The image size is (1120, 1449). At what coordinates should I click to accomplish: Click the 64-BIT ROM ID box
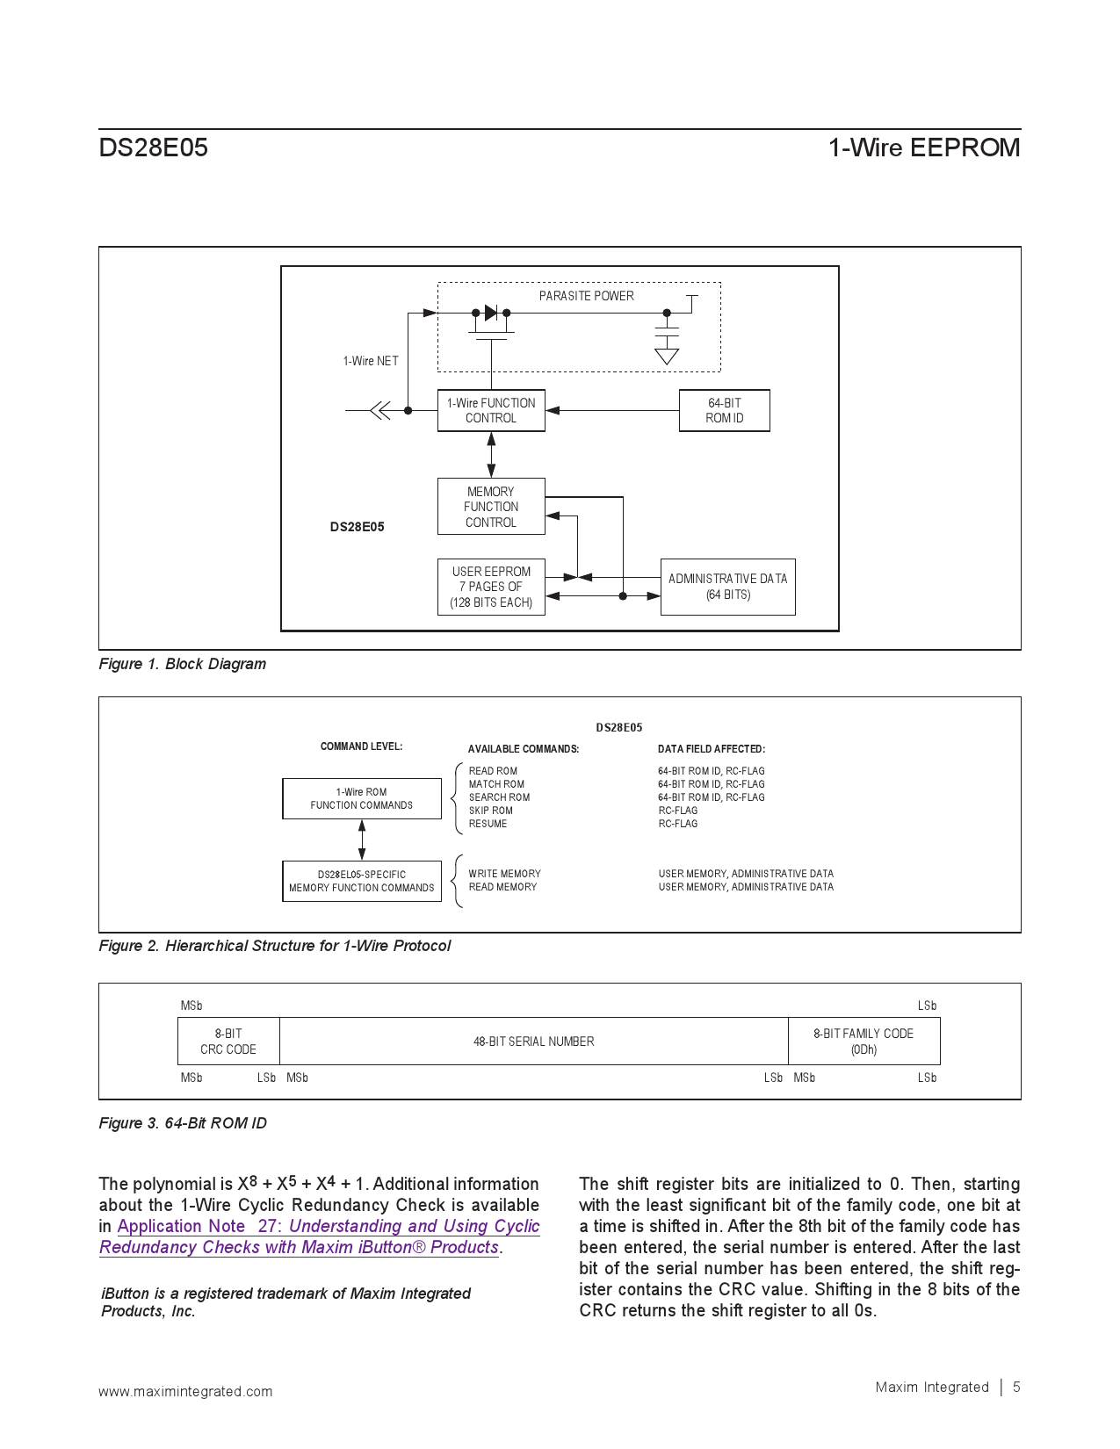coord(724,410)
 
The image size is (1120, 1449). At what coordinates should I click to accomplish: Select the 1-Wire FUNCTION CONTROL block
coord(491,410)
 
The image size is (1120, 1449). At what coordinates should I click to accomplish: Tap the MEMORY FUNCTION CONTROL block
coord(491,507)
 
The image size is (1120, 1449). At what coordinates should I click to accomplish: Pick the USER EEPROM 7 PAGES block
coord(491,587)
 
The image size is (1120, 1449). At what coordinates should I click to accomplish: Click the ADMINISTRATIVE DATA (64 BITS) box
coord(727,587)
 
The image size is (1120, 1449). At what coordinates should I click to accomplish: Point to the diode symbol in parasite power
coord(491,313)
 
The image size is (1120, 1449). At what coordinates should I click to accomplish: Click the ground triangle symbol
coord(667,356)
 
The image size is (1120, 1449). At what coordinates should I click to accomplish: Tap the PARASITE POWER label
coord(586,296)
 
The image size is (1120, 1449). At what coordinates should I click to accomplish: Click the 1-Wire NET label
coord(370,361)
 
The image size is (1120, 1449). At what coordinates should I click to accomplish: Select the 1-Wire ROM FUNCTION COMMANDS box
coord(361,798)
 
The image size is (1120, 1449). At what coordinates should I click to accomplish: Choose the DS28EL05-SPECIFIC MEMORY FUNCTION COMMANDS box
coord(361,881)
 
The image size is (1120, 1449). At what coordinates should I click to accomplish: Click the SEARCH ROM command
coord(499,797)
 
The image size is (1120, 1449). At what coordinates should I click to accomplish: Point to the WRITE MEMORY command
coord(504,874)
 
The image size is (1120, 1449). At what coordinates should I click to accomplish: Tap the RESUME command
coord(488,824)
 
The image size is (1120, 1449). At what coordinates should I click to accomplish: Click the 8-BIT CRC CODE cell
coord(228,1042)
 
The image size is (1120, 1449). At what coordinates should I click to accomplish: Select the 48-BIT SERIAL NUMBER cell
coord(533,1042)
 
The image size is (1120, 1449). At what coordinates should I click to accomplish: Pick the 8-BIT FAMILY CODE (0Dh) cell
coord(863,1042)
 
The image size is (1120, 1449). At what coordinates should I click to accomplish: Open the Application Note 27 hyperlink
coord(328,1227)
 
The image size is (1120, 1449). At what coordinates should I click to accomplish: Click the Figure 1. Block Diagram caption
coord(182,664)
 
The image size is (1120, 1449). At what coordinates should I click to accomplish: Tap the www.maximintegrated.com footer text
coord(185,1391)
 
